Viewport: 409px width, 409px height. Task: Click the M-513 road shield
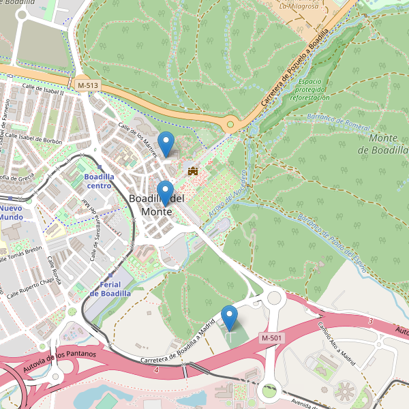point(87,85)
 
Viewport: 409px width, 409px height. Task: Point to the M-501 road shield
point(271,338)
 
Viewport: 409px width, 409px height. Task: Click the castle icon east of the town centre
point(193,170)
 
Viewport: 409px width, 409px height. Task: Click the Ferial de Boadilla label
point(110,288)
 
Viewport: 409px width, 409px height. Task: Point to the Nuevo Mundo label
point(11,212)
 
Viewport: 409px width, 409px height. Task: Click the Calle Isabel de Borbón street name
point(40,139)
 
